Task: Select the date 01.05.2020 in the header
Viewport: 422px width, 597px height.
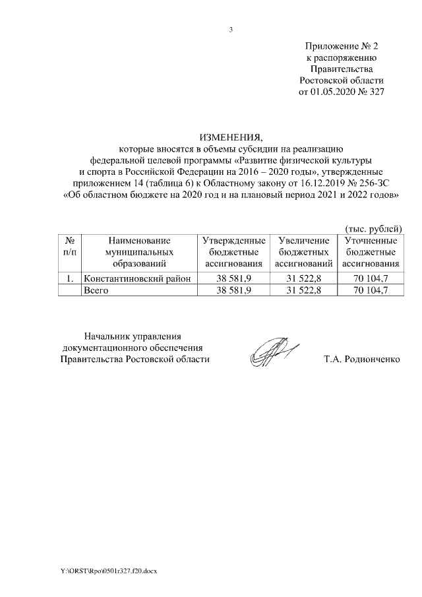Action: click(336, 92)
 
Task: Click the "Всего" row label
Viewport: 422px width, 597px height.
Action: click(95, 290)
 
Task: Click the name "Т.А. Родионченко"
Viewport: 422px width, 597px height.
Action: click(362, 360)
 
